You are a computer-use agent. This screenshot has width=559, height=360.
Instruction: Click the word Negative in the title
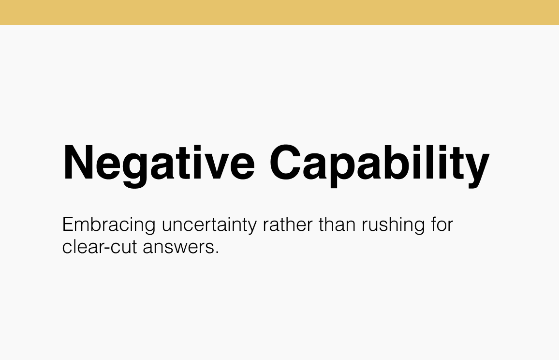tap(159, 162)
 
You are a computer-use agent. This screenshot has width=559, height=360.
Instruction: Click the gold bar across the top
tap(279, 12)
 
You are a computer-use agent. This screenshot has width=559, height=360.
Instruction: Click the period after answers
tap(217, 253)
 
